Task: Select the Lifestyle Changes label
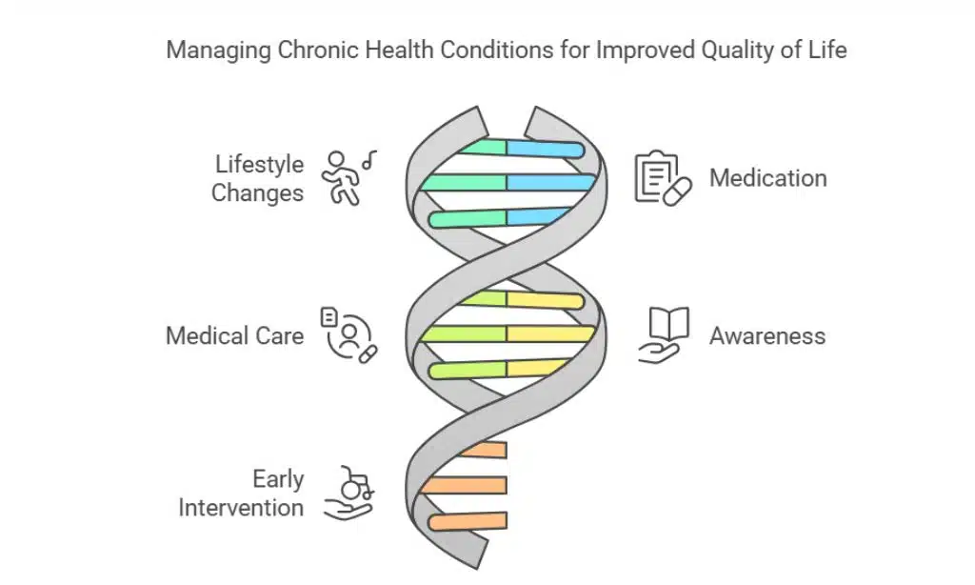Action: (x=257, y=178)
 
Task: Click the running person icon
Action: (x=343, y=178)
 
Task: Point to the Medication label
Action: (x=767, y=178)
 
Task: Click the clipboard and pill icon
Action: (x=662, y=178)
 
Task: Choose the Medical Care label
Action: (x=234, y=336)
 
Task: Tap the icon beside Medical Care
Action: (x=348, y=334)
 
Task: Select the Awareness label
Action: (x=766, y=336)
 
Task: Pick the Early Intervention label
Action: (x=241, y=493)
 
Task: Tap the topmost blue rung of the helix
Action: (x=544, y=149)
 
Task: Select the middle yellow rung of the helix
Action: (x=549, y=334)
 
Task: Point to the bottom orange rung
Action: (x=468, y=521)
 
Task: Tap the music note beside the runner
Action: (x=369, y=158)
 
